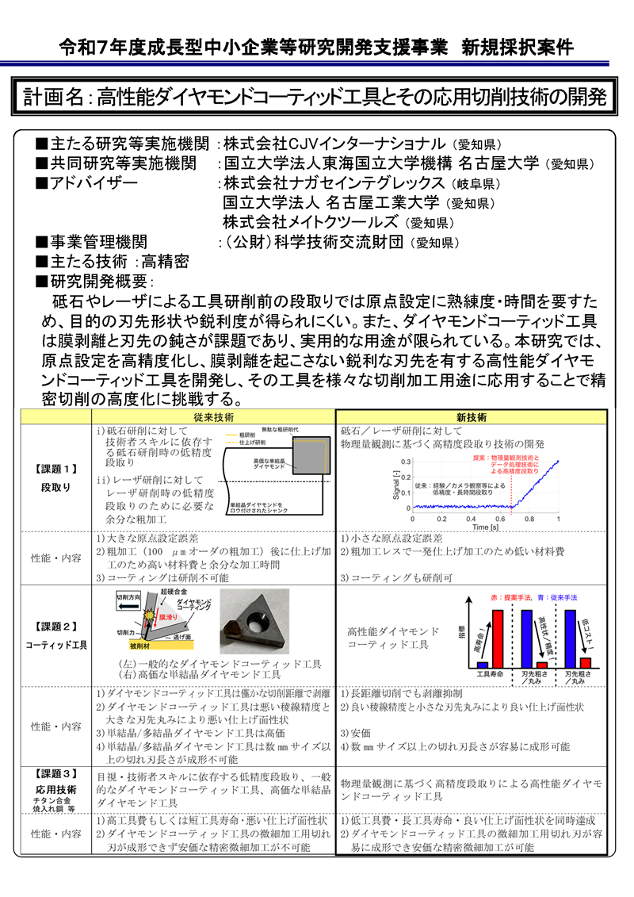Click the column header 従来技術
point(213,416)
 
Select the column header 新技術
point(472,416)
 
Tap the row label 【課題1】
point(55,469)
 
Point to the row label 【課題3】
point(55,772)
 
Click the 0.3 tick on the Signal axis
point(405,461)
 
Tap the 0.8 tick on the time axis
point(529,518)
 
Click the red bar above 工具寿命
point(498,638)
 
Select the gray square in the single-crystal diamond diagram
point(305,462)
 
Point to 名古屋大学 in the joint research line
point(500,164)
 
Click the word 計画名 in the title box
point(53,97)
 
